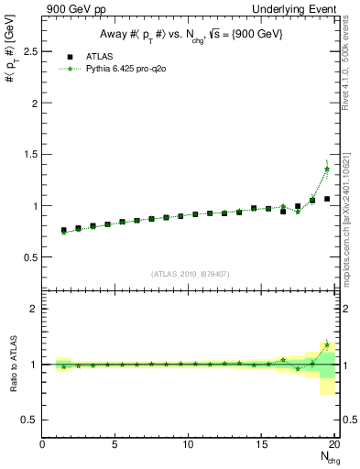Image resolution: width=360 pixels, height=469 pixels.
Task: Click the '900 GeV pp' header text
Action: point(71,8)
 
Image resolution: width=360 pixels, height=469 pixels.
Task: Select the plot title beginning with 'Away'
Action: point(191,35)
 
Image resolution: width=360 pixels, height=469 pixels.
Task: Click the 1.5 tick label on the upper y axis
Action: point(31,154)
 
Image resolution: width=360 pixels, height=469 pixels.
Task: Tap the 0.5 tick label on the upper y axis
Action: point(31,257)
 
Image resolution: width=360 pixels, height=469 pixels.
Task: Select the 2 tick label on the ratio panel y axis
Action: point(35,309)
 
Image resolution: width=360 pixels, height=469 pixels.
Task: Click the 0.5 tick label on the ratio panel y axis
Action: point(31,420)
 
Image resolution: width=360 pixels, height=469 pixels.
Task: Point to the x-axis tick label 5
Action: point(115,446)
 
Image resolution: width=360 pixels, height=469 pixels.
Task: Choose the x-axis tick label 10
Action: point(189,446)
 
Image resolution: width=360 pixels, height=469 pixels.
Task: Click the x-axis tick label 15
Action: point(262,446)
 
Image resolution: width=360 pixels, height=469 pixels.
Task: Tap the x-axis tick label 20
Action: point(334,446)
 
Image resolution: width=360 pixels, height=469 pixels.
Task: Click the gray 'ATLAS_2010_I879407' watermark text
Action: point(190,272)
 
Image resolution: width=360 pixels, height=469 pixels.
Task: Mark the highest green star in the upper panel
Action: point(327,169)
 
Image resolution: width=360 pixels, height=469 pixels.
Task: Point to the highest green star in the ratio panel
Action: point(327,344)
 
